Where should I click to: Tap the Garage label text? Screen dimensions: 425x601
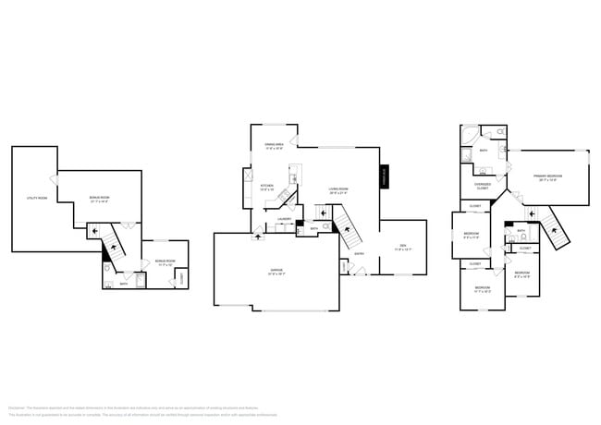(x=276, y=272)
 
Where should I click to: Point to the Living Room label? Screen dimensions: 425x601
(x=338, y=190)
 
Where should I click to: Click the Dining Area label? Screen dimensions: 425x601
(x=274, y=145)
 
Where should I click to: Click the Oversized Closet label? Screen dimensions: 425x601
(x=482, y=186)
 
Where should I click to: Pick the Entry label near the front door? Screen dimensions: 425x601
(x=359, y=254)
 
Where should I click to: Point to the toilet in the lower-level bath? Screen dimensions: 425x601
(x=109, y=272)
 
